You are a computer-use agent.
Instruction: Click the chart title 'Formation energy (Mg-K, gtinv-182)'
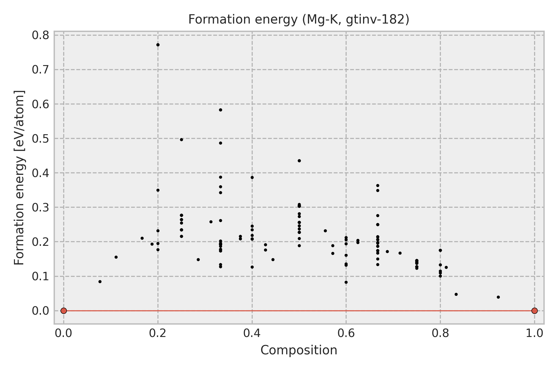coord(299,20)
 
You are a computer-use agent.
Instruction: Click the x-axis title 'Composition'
coord(299,350)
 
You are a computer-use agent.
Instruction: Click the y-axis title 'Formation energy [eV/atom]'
coord(19,178)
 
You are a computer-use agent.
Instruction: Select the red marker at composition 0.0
coord(64,311)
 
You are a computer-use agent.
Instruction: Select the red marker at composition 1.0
coord(534,311)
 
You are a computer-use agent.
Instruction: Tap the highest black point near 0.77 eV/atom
coord(158,45)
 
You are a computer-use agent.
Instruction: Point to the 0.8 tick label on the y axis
coord(41,35)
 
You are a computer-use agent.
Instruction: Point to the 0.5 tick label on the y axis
coord(41,139)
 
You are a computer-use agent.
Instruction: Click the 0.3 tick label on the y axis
coord(41,207)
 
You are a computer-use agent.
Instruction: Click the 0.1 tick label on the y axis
coord(41,276)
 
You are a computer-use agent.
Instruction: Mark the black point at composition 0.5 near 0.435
coord(299,161)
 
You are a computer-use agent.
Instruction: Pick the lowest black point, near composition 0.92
coord(498,297)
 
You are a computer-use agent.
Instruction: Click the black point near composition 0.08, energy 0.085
coord(100,281)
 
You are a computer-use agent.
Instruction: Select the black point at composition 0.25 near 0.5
coord(181,139)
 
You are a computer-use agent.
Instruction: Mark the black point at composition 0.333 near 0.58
coord(220,110)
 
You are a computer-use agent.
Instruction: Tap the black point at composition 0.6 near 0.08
coord(346,282)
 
